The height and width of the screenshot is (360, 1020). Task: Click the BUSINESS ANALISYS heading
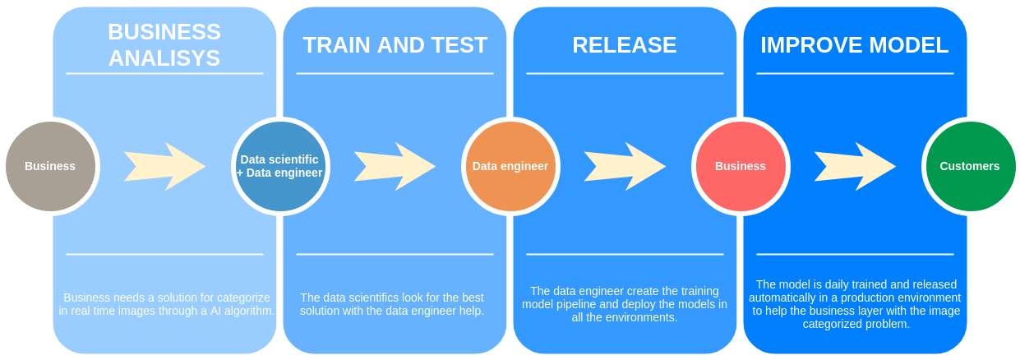(164, 44)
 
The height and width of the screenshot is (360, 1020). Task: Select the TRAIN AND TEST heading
(395, 45)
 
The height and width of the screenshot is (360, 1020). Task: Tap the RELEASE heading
(625, 45)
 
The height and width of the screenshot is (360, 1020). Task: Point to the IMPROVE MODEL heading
(855, 45)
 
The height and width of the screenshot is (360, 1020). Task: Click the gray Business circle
(50, 166)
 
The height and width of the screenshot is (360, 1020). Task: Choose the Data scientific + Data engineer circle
(279, 166)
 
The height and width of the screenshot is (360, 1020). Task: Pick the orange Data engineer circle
(510, 166)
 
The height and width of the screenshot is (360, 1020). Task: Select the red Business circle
(741, 166)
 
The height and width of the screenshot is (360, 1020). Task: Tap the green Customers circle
(970, 166)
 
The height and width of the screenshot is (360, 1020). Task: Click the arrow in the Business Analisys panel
(164, 166)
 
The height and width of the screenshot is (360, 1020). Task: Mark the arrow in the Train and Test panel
(395, 166)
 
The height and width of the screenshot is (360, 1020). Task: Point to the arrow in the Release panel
(625, 166)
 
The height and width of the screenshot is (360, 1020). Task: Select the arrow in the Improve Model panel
(855, 166)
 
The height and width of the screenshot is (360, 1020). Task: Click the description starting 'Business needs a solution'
(167, 304)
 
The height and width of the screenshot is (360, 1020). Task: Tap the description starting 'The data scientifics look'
(392, 304)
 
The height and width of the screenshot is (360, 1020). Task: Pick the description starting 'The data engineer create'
(625, 304)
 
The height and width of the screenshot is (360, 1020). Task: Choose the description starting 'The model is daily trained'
(855, 304)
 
